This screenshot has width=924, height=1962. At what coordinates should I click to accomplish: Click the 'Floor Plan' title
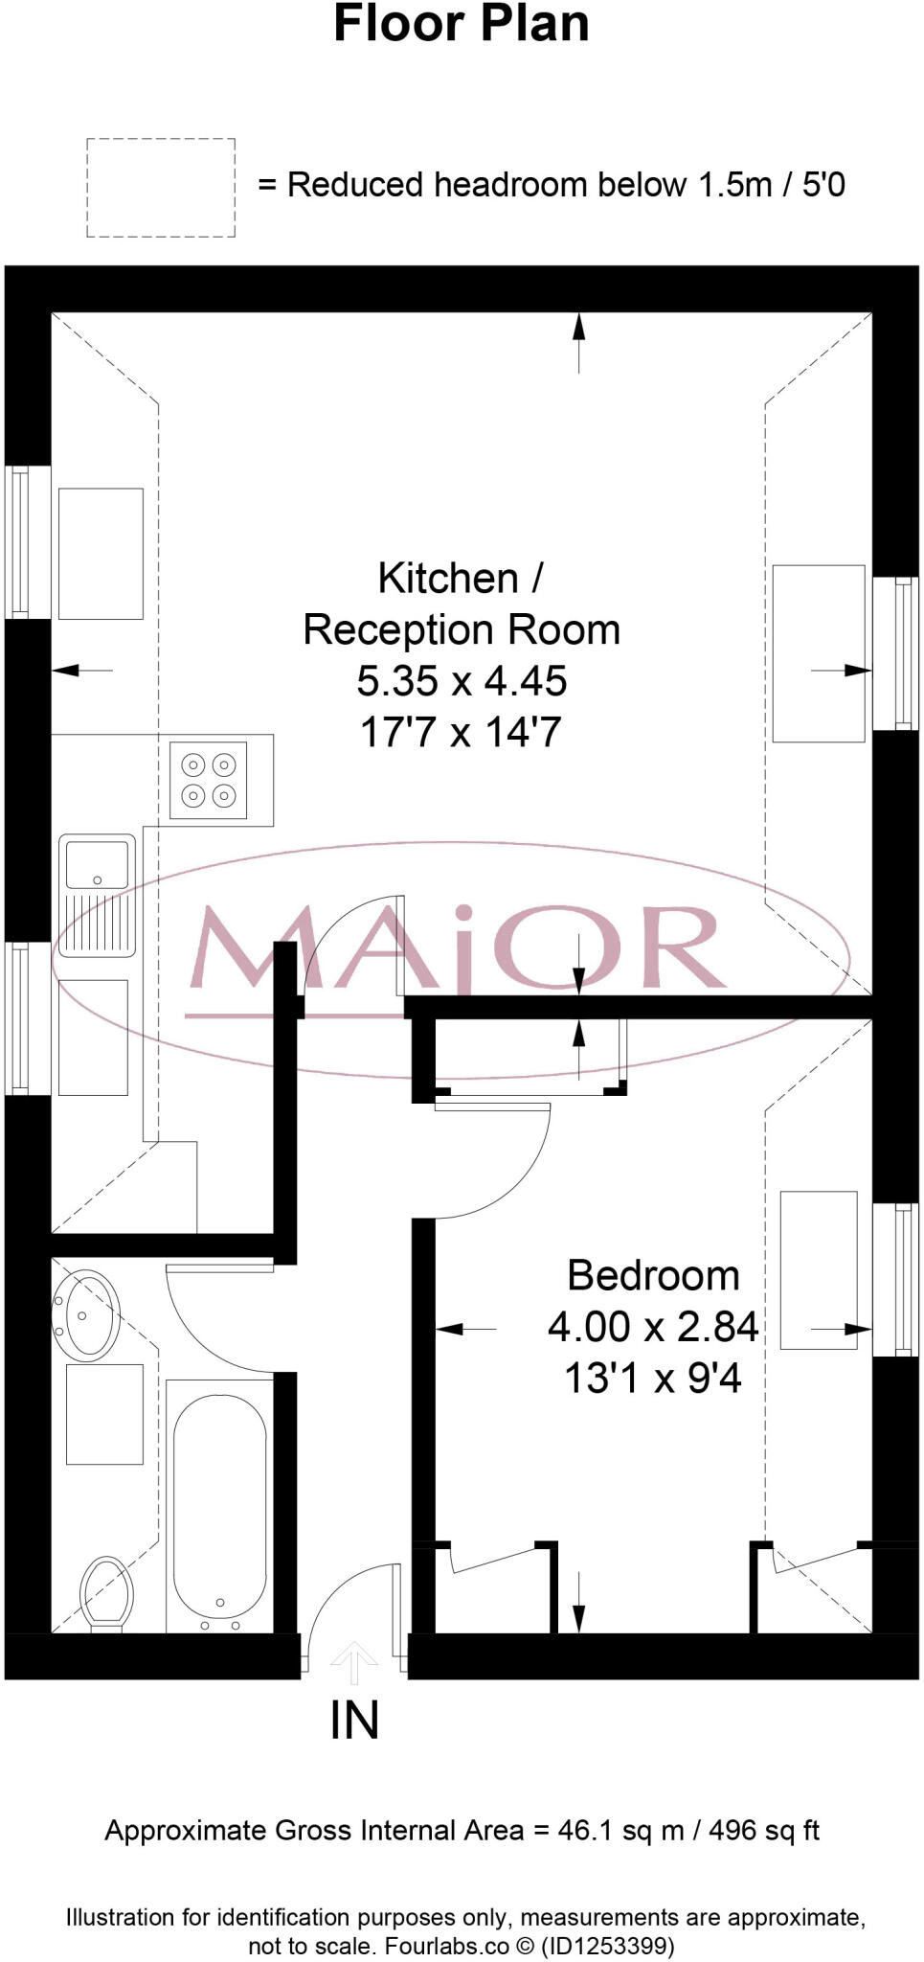(x=461, y=25)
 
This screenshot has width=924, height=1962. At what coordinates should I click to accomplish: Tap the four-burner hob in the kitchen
(x=208, y=780)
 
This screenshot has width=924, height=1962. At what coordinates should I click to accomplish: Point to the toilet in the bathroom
(x=105, y=1591)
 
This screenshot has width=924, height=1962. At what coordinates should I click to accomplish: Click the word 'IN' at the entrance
(x=354, y=1722)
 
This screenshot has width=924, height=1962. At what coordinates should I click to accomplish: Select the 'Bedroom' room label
(x=653, y=1275)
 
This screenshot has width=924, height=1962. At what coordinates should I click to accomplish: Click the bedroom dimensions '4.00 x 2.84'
(x=653, y=1327)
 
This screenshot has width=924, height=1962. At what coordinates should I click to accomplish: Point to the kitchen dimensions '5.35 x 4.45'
(x=462, y=681)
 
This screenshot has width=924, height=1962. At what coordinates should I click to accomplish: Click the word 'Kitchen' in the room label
(x=448, y=579)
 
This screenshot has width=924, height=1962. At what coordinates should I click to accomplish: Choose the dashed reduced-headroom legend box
(x=161, y=188)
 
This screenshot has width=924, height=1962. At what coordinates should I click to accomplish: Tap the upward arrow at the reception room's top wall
(x=578, y=340)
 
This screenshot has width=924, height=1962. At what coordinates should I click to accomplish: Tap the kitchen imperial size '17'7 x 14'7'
(x=461, y=733)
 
